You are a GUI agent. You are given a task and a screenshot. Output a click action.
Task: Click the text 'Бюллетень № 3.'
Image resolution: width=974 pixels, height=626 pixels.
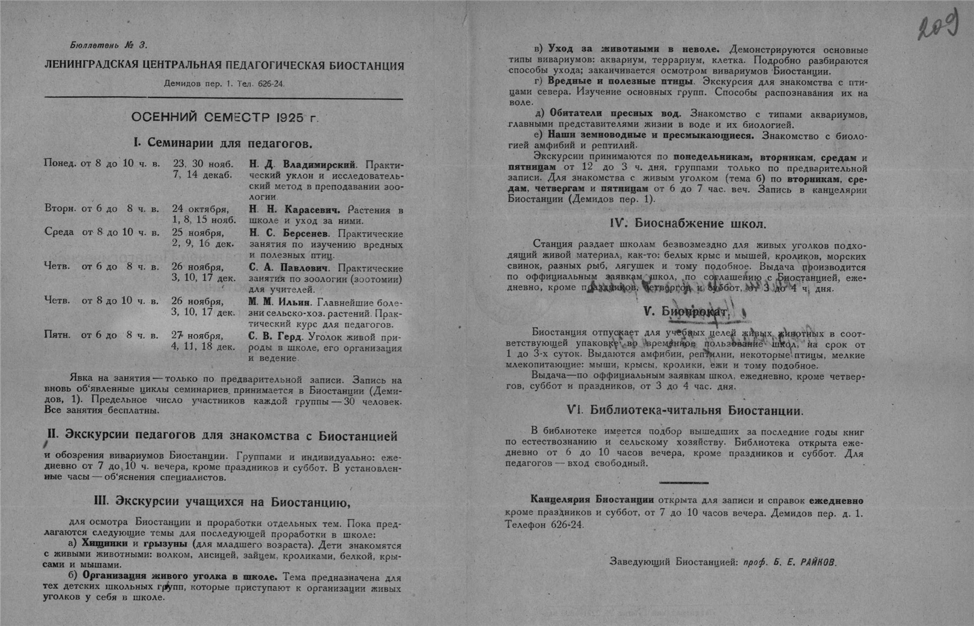[x=109, y=45]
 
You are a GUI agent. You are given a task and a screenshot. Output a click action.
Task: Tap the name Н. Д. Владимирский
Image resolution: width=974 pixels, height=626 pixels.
[x=303, y=164]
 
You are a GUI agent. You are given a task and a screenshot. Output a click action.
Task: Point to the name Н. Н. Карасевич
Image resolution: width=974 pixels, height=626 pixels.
[x=294, y=210]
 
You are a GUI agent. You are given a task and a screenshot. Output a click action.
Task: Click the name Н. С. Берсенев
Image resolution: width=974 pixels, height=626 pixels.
[x=289, y=233]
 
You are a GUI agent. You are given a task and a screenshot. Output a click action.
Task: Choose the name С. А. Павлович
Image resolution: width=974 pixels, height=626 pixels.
[x=288, y=267]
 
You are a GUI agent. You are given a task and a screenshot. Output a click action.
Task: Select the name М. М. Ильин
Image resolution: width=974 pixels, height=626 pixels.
[x=280, y=302]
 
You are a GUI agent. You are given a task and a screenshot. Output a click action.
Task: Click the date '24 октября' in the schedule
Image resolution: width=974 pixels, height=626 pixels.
[x=200, y=210]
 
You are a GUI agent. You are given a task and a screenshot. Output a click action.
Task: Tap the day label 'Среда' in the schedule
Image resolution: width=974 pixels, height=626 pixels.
[x=59, y=232]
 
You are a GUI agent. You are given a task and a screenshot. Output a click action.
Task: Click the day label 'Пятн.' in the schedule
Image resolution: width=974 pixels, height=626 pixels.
[x=58, y=335]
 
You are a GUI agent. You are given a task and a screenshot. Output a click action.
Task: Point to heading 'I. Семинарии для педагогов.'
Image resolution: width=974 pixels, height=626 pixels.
[x=223, y=143]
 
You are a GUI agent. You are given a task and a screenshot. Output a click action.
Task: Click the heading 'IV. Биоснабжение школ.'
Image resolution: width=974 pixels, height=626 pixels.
[x=688, y=224]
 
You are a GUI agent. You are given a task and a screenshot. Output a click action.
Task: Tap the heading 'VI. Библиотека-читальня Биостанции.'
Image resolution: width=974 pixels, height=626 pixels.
[x=686, y=411]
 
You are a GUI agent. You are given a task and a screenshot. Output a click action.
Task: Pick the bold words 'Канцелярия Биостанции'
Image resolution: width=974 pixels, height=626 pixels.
[x=592, y=500]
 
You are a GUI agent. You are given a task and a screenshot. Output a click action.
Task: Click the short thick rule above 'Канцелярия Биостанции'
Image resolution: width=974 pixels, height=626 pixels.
[x=684, y=482]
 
